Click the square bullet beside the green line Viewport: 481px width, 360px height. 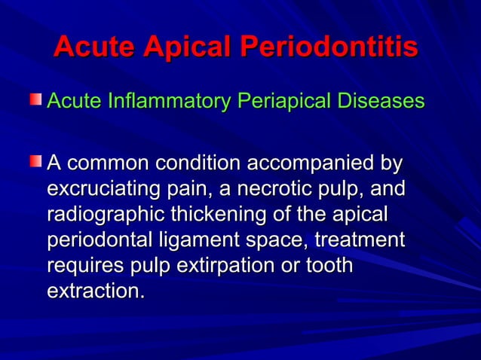pos(35,99)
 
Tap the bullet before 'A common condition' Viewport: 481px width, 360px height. pos(35,160)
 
